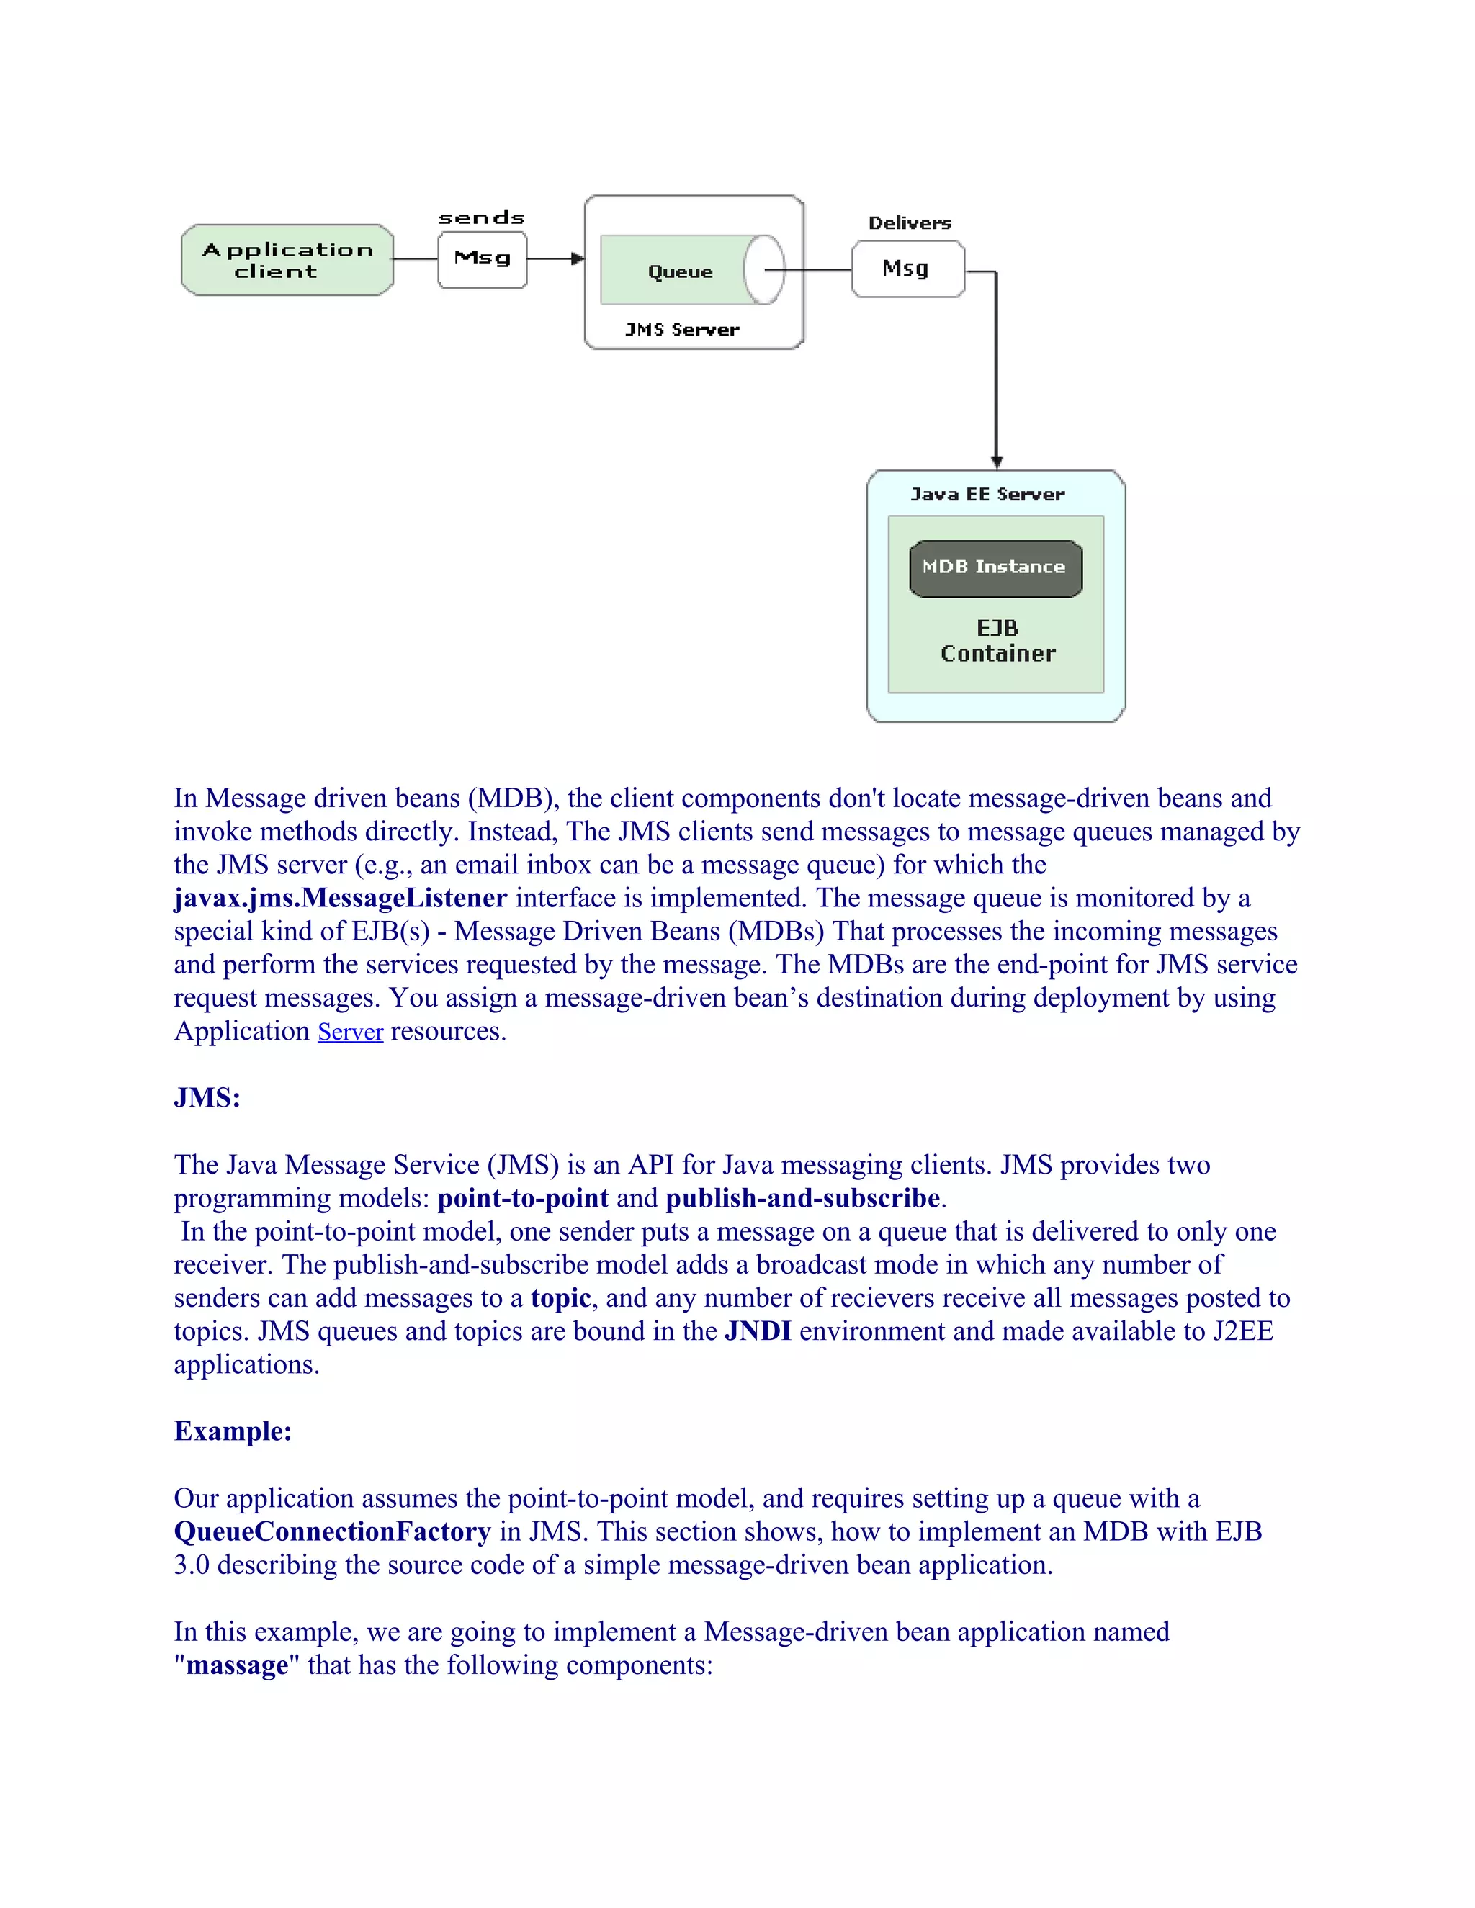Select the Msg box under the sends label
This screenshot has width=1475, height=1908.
[483, 259]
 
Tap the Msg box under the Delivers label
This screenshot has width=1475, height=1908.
[907, 269]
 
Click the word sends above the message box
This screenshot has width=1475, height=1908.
[482, 217]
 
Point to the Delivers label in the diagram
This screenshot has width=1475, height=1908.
[909, 222]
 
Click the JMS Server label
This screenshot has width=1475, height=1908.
[681, 329]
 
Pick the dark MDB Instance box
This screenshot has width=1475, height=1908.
[995, 568]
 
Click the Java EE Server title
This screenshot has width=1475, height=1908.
[987, 495]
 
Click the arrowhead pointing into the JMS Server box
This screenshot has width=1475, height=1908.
[577, 258]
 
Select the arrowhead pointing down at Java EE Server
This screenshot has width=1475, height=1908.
[996, 462]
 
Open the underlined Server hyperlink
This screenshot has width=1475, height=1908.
[351, 1032]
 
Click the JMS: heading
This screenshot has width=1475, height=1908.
[207, 1098]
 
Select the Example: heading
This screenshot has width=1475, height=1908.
[233, 1431]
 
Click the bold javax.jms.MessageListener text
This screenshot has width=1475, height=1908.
[340, 898]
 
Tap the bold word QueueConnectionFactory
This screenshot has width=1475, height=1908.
[332, 1531]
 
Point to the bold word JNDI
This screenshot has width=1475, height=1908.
[758, 1331]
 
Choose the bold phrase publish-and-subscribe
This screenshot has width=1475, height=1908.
[802, 1198]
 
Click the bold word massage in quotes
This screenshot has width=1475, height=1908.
[237, 1665]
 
